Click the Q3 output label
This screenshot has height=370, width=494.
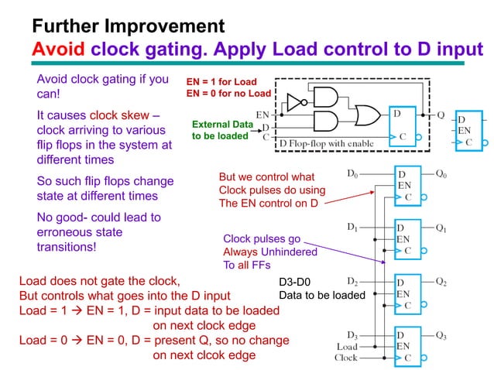point(441,335)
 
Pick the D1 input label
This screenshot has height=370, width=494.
point(352,228)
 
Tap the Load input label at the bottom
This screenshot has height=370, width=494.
point(346,347)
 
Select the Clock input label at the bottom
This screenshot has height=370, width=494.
point(345,358)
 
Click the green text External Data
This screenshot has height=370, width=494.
point(222,123)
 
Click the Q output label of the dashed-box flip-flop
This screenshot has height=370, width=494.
point(441,115)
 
